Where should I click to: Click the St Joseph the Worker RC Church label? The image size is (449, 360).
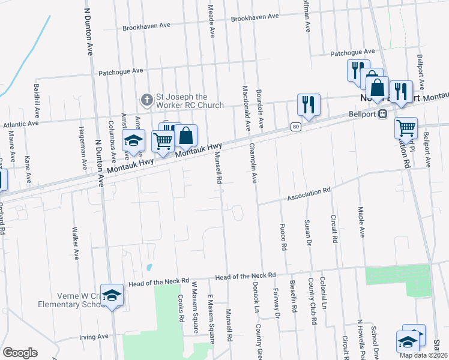tap(190, 101)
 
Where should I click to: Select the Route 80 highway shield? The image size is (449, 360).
tap(295, 127)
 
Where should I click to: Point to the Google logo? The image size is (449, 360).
tap(20, 352)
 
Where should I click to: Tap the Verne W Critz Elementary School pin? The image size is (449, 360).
tap(112, 295)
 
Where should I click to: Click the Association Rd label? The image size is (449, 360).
tap(309, 194)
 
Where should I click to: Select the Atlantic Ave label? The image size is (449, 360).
tap(20, 124)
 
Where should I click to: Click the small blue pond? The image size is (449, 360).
tap(148, 266)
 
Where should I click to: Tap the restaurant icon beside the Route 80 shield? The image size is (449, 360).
tap(309, 104)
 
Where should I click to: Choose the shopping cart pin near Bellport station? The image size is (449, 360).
tap(406, 128)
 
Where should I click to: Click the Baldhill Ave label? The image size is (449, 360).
tap(37, 101)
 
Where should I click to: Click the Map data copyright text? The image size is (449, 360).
tap(422, 355)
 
